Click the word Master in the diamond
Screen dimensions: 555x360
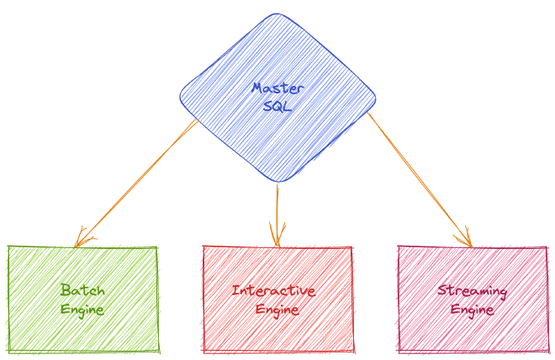click(277, 88)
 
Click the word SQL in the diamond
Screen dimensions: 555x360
click(277, 106)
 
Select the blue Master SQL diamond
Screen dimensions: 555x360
click(277, 98)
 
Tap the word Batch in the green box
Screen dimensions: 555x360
click(82, 290)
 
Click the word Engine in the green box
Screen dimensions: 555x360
click(82, 310)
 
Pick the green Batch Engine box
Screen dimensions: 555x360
click(82, 299)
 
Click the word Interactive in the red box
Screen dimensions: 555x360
click(273, 291)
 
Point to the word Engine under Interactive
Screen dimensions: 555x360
click(277, 310)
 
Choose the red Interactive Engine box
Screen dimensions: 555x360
click(277, 299)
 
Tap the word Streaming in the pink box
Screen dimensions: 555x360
click(473, 291)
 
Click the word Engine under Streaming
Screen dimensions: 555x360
click(473, 310)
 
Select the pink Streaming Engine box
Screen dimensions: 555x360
click(473, 299)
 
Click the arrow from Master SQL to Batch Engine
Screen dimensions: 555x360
click(135, 183)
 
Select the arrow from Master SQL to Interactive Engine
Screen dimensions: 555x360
click(277, 214)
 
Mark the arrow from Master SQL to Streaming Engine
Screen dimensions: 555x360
click(420, 179)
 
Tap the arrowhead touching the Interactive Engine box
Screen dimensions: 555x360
click(277, 236)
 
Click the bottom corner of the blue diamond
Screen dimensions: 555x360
click(278, 182)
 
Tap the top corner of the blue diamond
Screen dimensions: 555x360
click(277, 13)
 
